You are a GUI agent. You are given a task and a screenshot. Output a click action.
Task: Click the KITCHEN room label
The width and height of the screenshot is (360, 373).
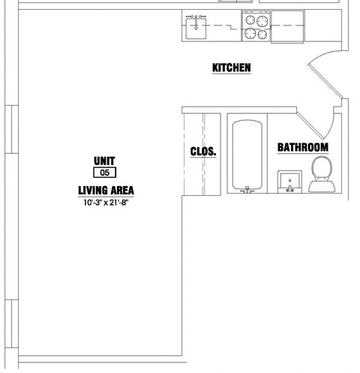click(x=232, y=68)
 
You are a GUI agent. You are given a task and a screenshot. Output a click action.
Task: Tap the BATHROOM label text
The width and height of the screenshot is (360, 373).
click(x=303, y=147)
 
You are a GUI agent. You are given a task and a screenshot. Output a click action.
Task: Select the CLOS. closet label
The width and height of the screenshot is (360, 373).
click(x=203, y=152)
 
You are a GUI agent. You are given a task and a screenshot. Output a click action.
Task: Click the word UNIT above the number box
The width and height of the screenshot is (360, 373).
click(x=104, y=161)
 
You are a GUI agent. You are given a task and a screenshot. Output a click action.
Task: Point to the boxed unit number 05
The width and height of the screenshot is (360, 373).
click(x=104, y=173)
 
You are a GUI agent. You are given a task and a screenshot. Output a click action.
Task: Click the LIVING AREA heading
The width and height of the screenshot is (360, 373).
click(x=106, y=191)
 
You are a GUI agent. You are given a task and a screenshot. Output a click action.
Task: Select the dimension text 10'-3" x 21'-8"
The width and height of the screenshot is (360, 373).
click(x=106, y=203)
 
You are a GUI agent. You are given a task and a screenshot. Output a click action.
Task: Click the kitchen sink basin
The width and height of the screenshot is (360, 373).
click(x=196, y=29)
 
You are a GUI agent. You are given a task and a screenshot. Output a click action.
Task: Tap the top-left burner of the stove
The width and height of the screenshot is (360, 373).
click(x=250, y=20)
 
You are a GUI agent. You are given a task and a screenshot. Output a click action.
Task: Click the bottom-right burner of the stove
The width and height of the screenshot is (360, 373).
click(x=262, y=35)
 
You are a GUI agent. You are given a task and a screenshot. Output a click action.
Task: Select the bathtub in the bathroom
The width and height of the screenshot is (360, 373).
click(x=247, y=155)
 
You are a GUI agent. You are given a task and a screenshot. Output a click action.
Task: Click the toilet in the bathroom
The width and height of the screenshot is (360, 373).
click(x=322, y=174)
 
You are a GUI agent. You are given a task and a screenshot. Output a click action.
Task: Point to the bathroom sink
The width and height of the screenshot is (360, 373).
click(x=289, y=182)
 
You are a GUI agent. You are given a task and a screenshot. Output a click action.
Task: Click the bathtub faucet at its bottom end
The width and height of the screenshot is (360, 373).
click(x=247, y=190)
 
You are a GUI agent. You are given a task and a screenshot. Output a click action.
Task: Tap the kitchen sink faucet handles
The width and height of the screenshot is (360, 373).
click(x=196, y=17)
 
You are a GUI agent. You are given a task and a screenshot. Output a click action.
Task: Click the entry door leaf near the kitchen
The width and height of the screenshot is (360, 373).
click(x=325, y=80)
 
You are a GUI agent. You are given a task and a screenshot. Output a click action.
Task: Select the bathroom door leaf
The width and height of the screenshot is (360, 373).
click(x=310, y=126)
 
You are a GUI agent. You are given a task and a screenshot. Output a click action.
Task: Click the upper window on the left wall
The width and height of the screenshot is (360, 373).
click(x=12, y=129)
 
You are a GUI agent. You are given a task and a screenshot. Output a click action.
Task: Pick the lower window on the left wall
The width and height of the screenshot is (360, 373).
click(x=12, y=323)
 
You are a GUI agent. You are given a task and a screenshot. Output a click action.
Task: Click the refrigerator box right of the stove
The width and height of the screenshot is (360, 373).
click(x=287, y=26)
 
